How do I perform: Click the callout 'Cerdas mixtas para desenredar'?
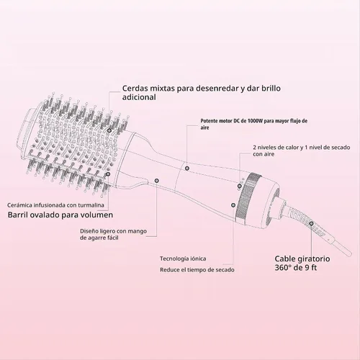pyautogui.click(x=202, y=93)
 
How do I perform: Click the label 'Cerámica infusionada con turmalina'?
pyautogui.click(x=55, y=205)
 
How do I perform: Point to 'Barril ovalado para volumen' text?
pyautogui.click(x=60, y=215)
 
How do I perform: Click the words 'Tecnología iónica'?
pyautogui.click(x=183, y=258)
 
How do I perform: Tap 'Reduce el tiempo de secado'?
pyautogui.click(x=197, y=270)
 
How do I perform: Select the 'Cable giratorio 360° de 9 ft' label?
pyautogui.click(x=302, y=263)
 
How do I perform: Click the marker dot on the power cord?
pyautogui.click(x=311, y=223)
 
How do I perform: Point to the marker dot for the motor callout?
pyautogui.click(x=187, y=168)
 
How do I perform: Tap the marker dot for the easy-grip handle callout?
pyautogui.click(x=157, y=181)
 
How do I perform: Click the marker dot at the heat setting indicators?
pyautogui.click(x=239, y=186)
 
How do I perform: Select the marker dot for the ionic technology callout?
pyautogui.click(x=233, y=205)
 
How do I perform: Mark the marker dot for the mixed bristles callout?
pyautogui.click(x=109, y=130)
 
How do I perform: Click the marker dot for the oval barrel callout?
pyautogui.click(x=108, y=174)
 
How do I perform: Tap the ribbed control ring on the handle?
pyautogui.click(x=248, y=197)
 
